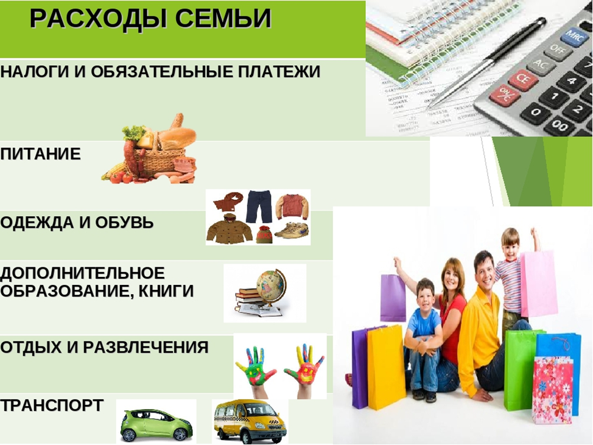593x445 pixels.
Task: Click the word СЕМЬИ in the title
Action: pyautogui.click(x=223, y=19)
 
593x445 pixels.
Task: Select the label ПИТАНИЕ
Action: pyautogui.click(x=40, y=154)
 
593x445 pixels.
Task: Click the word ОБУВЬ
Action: pyautogui.click(x=124, y=222)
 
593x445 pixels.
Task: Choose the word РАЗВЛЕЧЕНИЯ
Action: pyautogui.click(x=146, y=347)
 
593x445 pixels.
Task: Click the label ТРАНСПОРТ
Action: pyautogui.click(x=52, y=405)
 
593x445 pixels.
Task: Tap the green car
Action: pyautogui.click(x=156, y=424)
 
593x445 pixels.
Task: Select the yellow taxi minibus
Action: pyautogui.click(x=250, y=421)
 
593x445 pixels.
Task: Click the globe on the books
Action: pyautogui.click(x=271, y=286)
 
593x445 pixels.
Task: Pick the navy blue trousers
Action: pyautogui.click(x=259, y=206)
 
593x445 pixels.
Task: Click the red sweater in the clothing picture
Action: pyautogui.click(x=292, y=206)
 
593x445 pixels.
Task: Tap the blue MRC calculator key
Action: pyautogui.click(x=575, y=36)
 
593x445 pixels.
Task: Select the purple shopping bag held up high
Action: pyautogui.click(x=393, y=298)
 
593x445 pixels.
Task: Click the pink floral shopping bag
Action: pyautogui.click(x=553, y=390)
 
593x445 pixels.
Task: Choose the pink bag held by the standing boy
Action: pyautogui.click(x=539, y=284)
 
